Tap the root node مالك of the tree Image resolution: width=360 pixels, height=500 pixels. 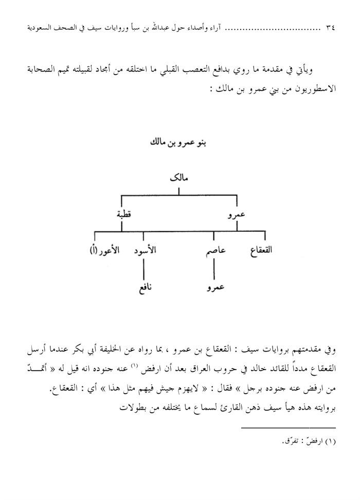(x=178, y=179)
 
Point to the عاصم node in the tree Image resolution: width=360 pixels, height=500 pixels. (x=213, y=252)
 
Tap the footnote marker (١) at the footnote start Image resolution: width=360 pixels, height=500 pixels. (x=329, y=441)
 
